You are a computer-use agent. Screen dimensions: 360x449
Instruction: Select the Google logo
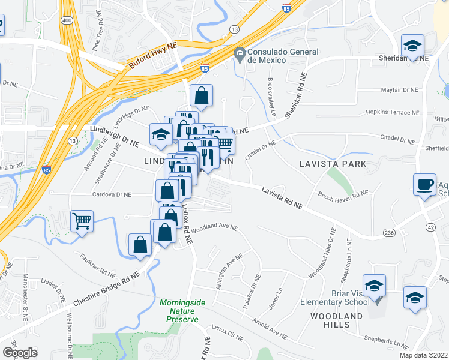(x=20, y=352)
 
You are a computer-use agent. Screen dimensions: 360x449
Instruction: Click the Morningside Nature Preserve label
(x=179, y=311)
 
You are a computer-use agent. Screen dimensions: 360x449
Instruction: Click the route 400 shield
(x=66, y=20)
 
